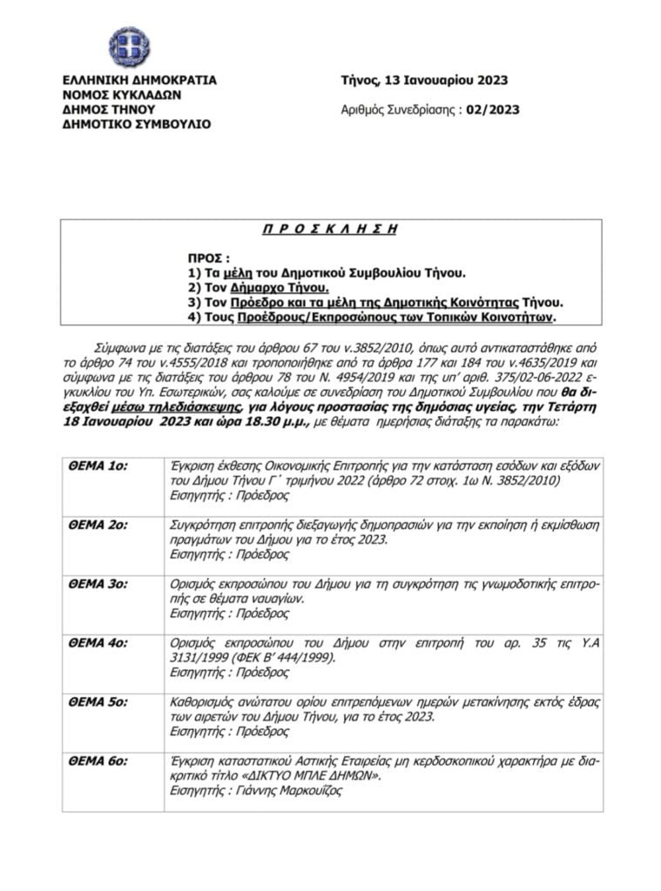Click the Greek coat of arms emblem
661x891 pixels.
(129, 47)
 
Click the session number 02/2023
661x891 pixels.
(493, 110)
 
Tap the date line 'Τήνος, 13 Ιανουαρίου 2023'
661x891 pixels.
(424, 81)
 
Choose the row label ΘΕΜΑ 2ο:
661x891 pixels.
(98, 525)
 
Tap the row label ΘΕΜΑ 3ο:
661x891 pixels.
(98, 584)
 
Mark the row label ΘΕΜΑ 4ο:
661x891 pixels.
(98, 643)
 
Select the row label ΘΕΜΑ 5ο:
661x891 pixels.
(98, 702)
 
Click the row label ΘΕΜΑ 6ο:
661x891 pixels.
(98, 761)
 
